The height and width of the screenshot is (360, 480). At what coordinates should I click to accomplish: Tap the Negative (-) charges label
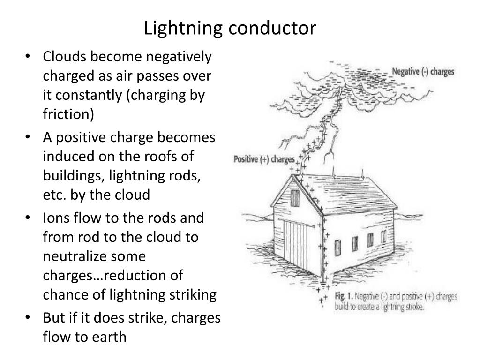(423, 73)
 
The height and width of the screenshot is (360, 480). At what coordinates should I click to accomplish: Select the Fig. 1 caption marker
(344, 297)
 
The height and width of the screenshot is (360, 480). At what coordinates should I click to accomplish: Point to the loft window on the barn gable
(294, 198)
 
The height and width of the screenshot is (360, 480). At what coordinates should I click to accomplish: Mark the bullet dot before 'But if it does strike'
(29, 317)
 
